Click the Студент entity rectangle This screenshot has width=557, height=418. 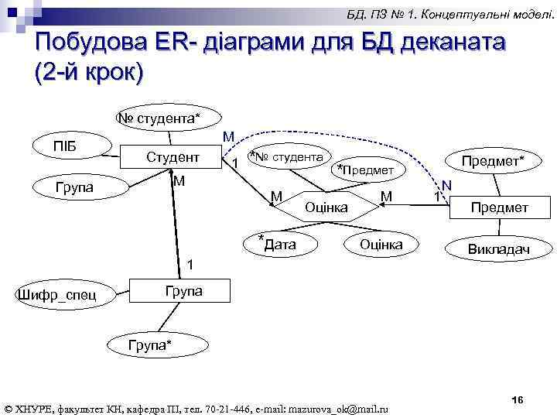coord(173,157)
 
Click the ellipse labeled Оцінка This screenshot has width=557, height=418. coord(381,245)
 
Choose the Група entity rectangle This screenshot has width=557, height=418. coord(183,291)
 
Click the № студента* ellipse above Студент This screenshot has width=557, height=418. coord(158,118)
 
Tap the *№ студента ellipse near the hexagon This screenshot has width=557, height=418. coord(285,158)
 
